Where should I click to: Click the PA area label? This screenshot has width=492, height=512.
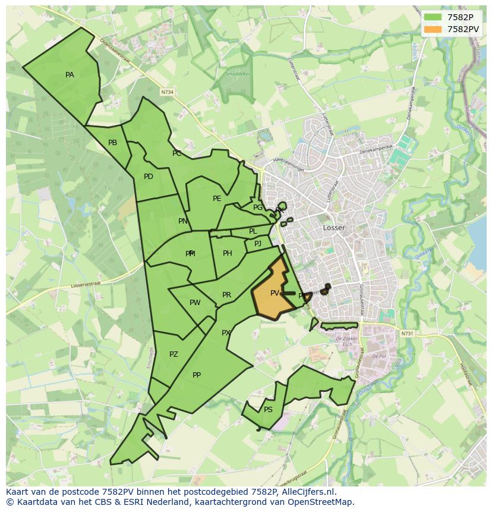[70, 75]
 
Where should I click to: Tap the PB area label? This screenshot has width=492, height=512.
[112, 143]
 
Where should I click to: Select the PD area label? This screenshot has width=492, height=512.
[148, 177]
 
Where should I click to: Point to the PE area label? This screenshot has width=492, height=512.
[217, 199]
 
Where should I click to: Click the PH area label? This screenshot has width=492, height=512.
[227, 253]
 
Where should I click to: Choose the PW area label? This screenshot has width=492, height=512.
[195, 303]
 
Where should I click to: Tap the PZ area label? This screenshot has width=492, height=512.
[174, 354]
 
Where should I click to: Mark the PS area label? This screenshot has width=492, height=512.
[268, 410]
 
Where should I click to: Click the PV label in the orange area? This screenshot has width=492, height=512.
[275, 293]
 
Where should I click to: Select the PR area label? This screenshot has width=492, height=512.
[226, 295]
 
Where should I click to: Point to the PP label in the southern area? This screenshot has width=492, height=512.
[197, 375]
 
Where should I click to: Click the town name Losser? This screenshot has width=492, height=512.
[334, 228]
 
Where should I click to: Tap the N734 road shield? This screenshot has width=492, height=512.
[168, 92]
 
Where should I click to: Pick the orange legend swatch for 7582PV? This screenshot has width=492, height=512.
[433, 29]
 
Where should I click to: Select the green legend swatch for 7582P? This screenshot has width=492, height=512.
[433, 17]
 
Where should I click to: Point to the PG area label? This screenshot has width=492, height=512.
[258, 208]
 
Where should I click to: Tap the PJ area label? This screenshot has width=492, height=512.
[258, 244]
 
